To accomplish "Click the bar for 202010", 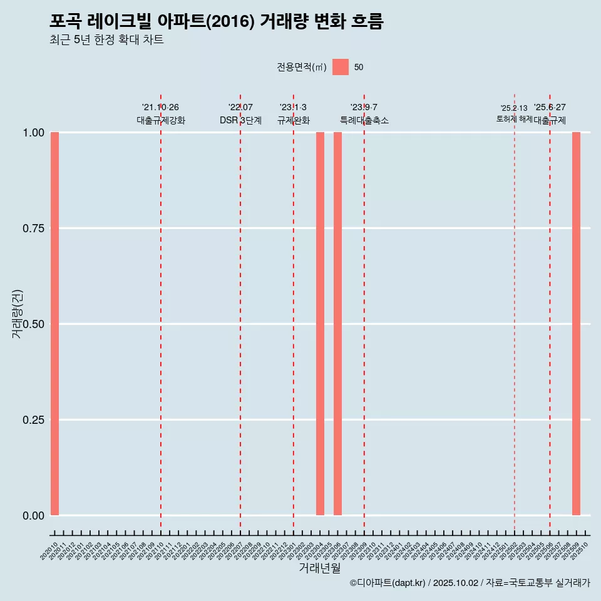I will tap(55, 324).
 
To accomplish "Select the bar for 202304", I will tap(320, 324).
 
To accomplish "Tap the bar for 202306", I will tap(337, 324).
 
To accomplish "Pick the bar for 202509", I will tap(576, 324).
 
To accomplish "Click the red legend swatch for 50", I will tap(340, 67).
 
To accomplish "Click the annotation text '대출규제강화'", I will tap(161, 120).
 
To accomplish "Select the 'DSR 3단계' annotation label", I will tap(240, 120).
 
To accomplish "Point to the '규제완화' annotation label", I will tap(293, 120).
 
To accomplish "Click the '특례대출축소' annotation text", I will tap(364, 120).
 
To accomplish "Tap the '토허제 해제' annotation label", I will tap(514, 119).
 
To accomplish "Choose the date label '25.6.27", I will tap(550, 108).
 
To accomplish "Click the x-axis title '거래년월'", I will tap(319, 568).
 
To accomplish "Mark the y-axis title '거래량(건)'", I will tap(17, 314).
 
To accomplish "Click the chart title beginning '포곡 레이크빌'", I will tap(216, 21).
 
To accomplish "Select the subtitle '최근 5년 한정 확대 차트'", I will tap(106, 40).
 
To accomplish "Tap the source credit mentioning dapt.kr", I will tap(470, 583).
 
